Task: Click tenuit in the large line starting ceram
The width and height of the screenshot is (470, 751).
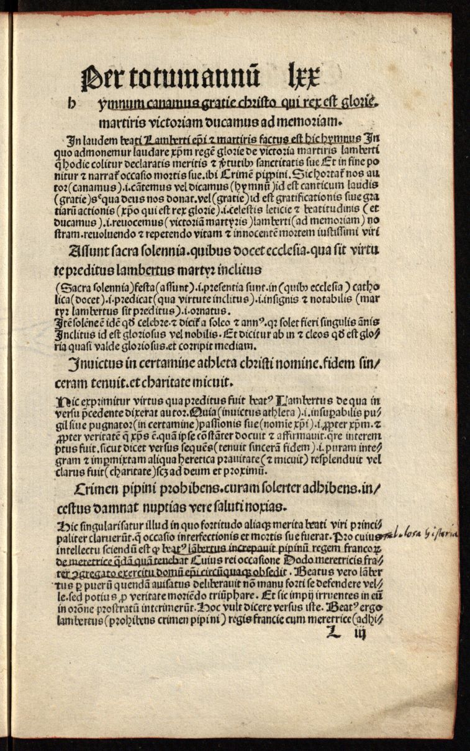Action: (139, 379)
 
